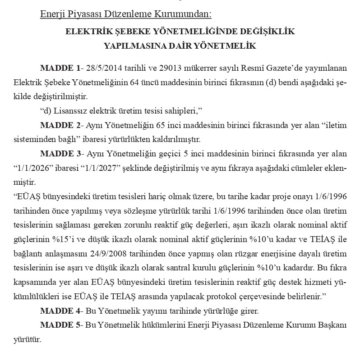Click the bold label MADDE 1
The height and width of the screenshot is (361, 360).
pos(59,69)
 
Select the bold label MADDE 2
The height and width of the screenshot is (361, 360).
pos(59,124)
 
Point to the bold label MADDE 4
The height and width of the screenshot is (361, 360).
pos(59,311)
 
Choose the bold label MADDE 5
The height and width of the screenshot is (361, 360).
pos(59,325)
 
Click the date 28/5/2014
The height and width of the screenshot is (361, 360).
pos(103,69)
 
